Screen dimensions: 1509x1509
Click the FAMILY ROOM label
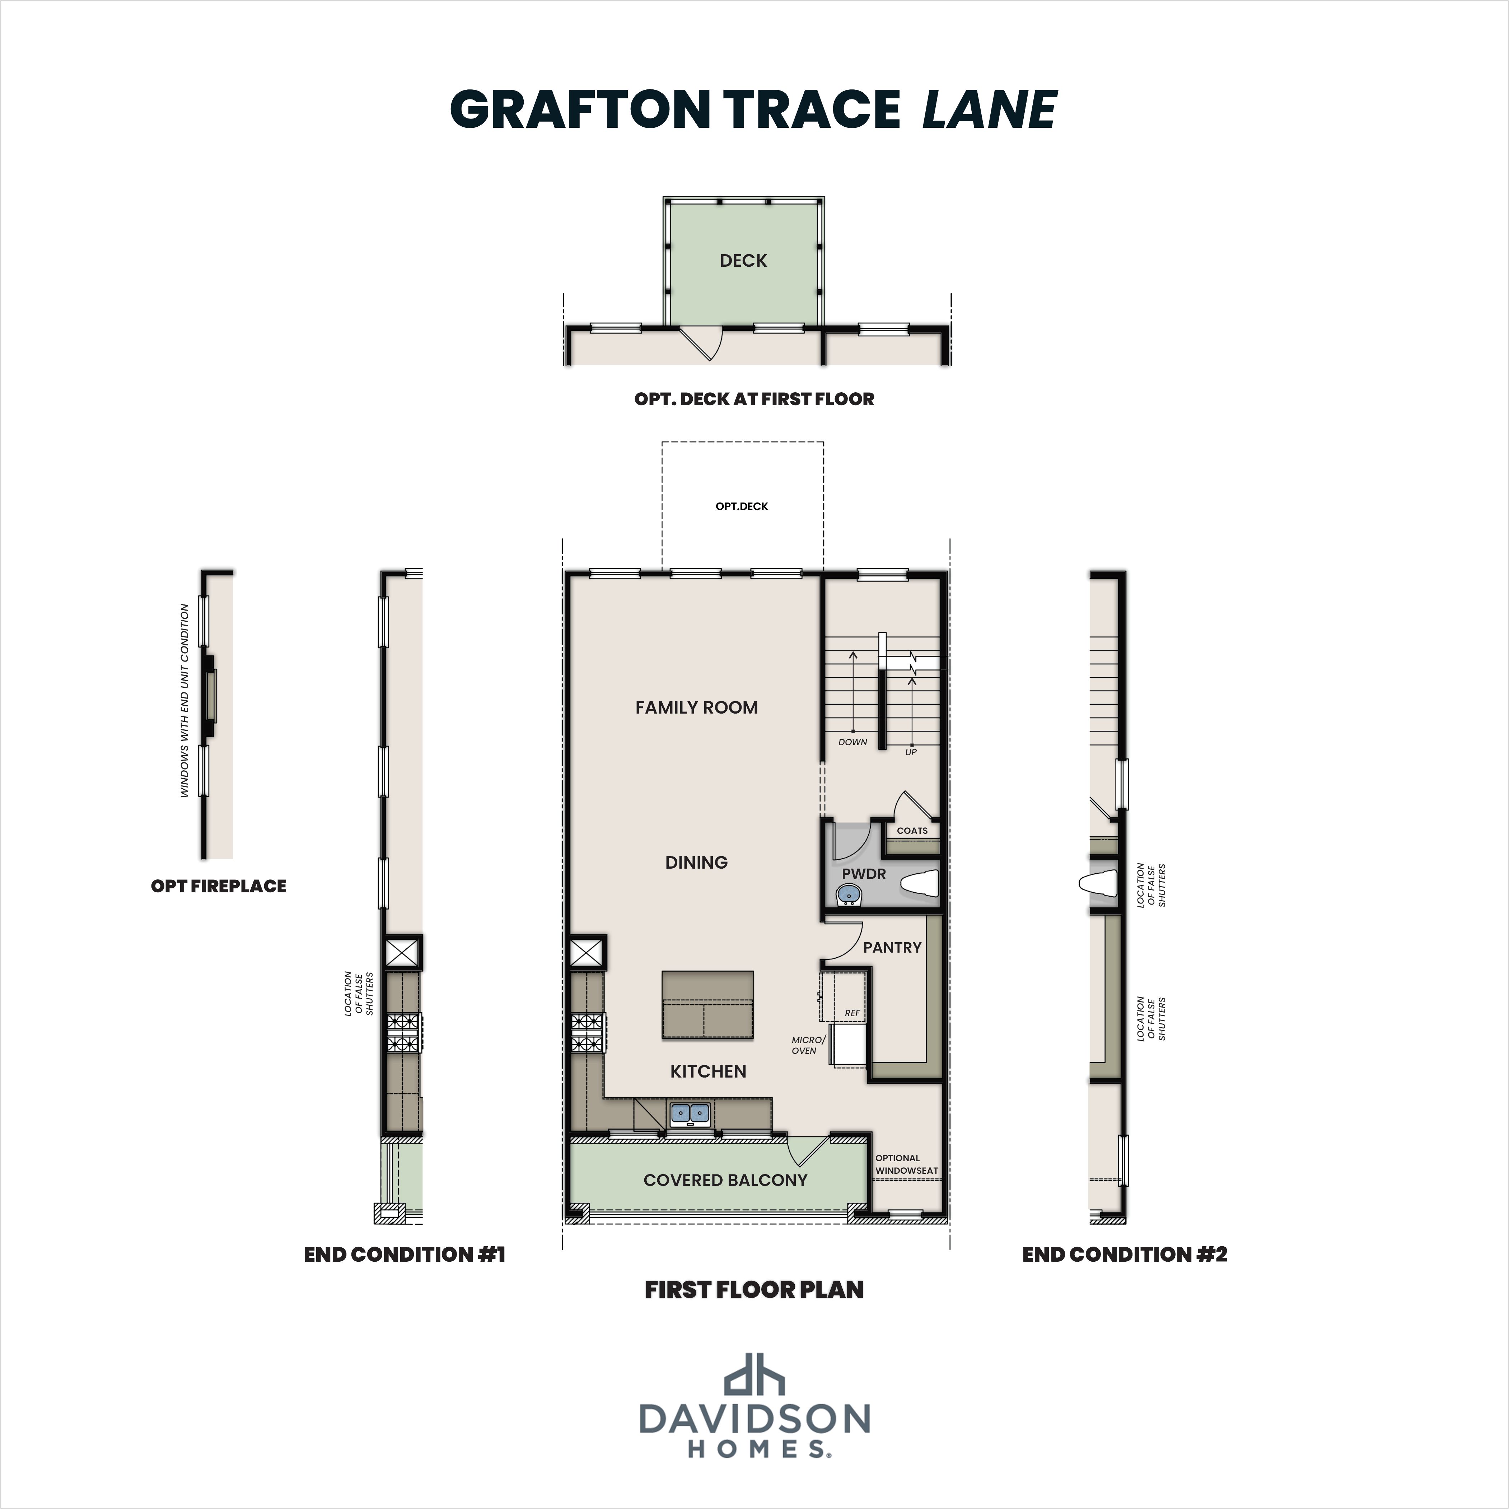click(x=696, y=707)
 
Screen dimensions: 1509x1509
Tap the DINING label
click(x=696, y=862)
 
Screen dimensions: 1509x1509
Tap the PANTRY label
click(x=892, y=947)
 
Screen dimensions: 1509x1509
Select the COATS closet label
click(x=911, y=830)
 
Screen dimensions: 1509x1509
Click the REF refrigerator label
click(x=851, y=1013)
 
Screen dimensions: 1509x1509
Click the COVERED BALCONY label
click(x=725, y=1180)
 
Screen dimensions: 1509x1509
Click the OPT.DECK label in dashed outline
click(x=741, y=506)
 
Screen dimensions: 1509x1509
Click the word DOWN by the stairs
click(x=852, y=742)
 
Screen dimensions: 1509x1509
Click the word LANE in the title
click(x=990, y=109)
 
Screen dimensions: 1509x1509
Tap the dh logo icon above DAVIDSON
click(x=754, y=1396)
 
